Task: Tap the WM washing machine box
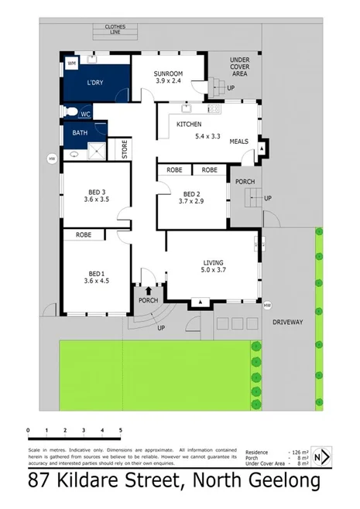coord(71,63)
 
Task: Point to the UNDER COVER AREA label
coord(240,67)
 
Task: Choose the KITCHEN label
coord(189,125)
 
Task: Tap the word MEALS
coord(238,142)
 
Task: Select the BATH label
coord(80,133)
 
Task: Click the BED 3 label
coord(95,192)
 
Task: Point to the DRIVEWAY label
coord(287,321)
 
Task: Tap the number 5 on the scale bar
coord(120,430)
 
